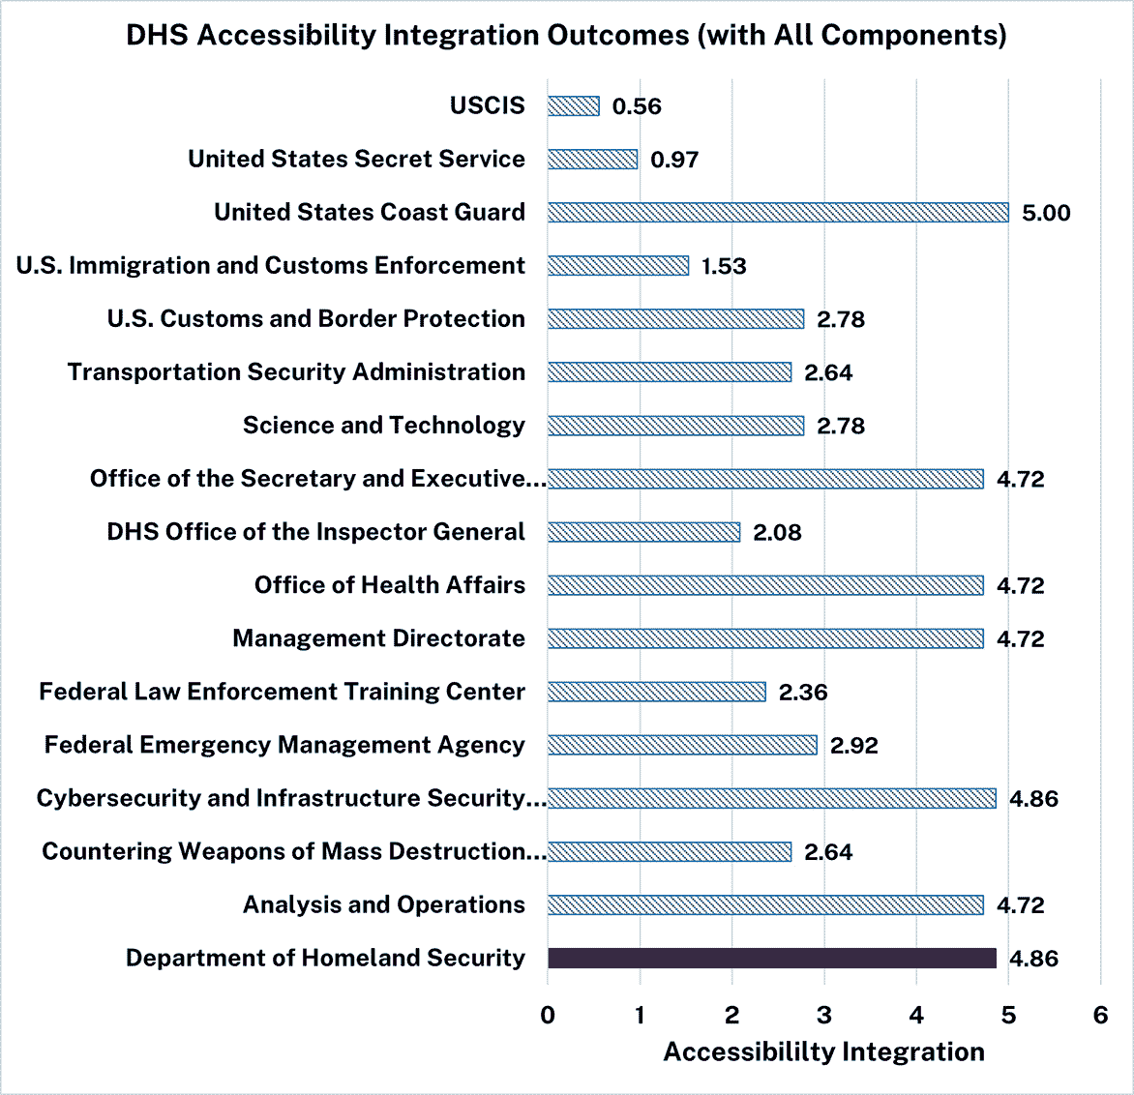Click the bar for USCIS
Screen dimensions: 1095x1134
tap(573, 106)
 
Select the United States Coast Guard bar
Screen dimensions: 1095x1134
tap(778, 213)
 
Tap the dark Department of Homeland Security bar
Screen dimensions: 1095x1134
tap(771, 958)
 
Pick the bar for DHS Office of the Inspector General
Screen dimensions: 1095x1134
tap(643, 532)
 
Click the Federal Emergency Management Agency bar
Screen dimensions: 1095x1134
tap(682, 745)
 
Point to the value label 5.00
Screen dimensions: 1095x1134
tap(1046, 214)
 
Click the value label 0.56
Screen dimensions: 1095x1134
tap(637, 107)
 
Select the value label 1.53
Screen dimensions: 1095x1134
tap(724, 267)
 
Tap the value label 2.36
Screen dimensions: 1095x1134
tap(803, 693)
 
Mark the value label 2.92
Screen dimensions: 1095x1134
tap(853, 746)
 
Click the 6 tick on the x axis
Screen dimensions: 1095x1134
tap(1100, 1015)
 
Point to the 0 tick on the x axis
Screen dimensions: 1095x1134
tap(548, 1015)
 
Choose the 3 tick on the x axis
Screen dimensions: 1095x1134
tap(824, 1015)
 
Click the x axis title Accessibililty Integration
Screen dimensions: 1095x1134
tap(823, 1052)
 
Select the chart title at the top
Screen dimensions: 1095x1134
tap(566, 36)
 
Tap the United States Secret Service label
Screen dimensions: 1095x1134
tap(356, 160)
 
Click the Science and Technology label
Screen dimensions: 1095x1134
tap(383, 426)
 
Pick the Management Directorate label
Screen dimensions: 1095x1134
tap(378, 638)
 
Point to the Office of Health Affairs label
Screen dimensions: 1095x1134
tap(389, 585)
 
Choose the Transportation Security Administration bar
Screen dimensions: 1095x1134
tap(669, 372)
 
